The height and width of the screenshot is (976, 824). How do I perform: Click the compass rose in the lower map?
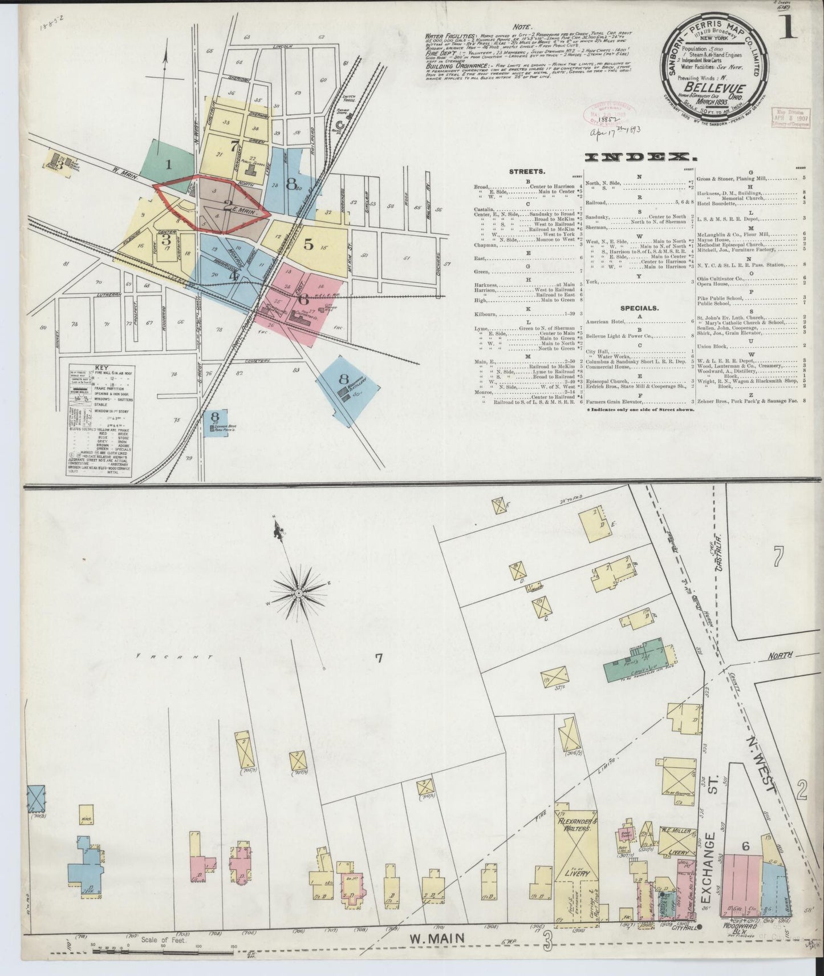coord(299,594)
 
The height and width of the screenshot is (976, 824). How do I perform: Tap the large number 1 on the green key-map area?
coord(168,166)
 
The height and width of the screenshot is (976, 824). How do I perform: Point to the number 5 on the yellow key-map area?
coord(309,244)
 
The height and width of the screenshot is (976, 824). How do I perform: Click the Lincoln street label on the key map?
coord(282,46)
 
